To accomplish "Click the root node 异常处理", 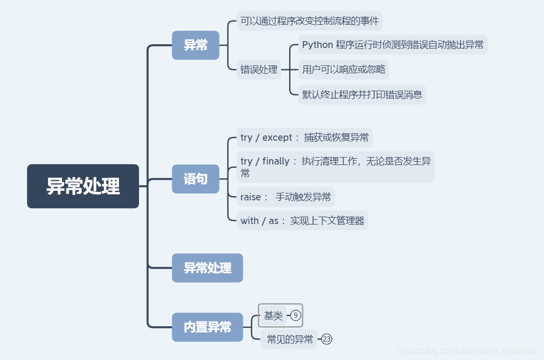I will tap(83, 186).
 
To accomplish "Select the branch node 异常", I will tap(195, 45).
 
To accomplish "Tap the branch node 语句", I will tap(195, 179).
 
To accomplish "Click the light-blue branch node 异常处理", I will tap(207, 268).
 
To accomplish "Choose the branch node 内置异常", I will tap(207, 327).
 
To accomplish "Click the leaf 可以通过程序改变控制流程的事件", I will tap(309, 21).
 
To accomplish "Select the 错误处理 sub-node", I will tap(259, 69).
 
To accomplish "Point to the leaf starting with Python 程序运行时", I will tap(393, 45).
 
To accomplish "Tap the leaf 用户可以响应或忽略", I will tap(343, 69).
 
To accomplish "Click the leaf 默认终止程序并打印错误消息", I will tap(362, 95).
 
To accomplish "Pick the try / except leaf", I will tap(304, 138).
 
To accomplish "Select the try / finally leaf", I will tap(335, 167).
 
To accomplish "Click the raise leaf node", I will tap(285, 197).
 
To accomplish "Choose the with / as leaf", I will tap(302, 220).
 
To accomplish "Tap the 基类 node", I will tap(273, 316).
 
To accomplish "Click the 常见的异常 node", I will tap(290, 339).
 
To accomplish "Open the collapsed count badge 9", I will tap(296, 316).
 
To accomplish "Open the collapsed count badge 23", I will tap(327, 339).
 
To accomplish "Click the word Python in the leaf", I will tap(318, 45).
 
